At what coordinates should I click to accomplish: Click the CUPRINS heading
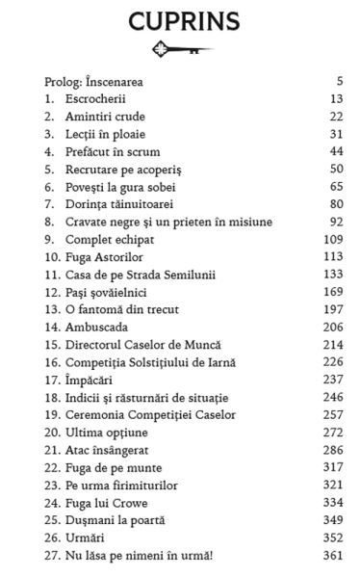[181, 21]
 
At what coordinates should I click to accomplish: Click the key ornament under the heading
[180, 51]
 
